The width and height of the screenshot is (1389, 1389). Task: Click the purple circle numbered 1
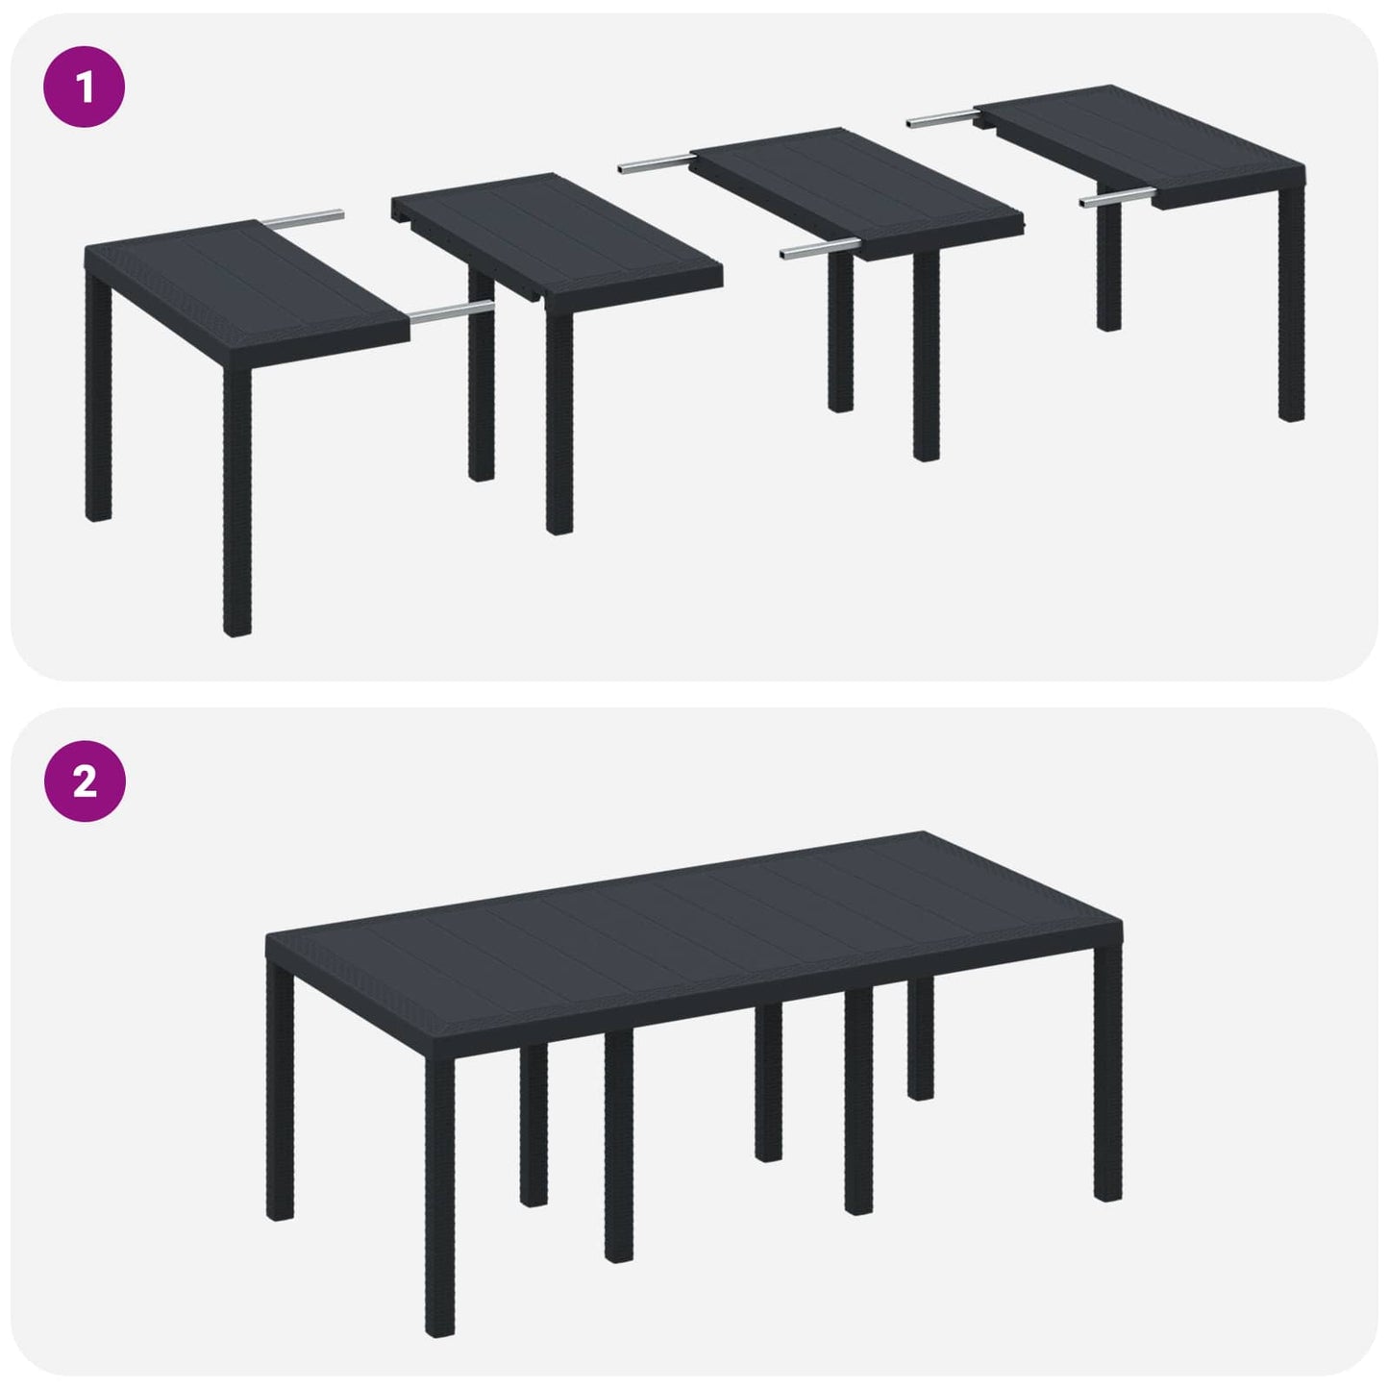(85, 87)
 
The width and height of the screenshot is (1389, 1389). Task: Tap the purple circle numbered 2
(85, 781)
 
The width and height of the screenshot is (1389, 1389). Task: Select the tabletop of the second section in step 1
(558, 231)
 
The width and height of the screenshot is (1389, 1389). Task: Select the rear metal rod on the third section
(654, 164)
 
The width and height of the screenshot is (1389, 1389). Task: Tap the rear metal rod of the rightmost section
(942, 118)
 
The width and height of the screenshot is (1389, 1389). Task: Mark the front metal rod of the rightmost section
(1115, 199)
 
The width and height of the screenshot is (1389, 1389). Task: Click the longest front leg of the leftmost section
(236, 500)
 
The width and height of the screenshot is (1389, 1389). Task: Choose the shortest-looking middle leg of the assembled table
(920, 1038)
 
